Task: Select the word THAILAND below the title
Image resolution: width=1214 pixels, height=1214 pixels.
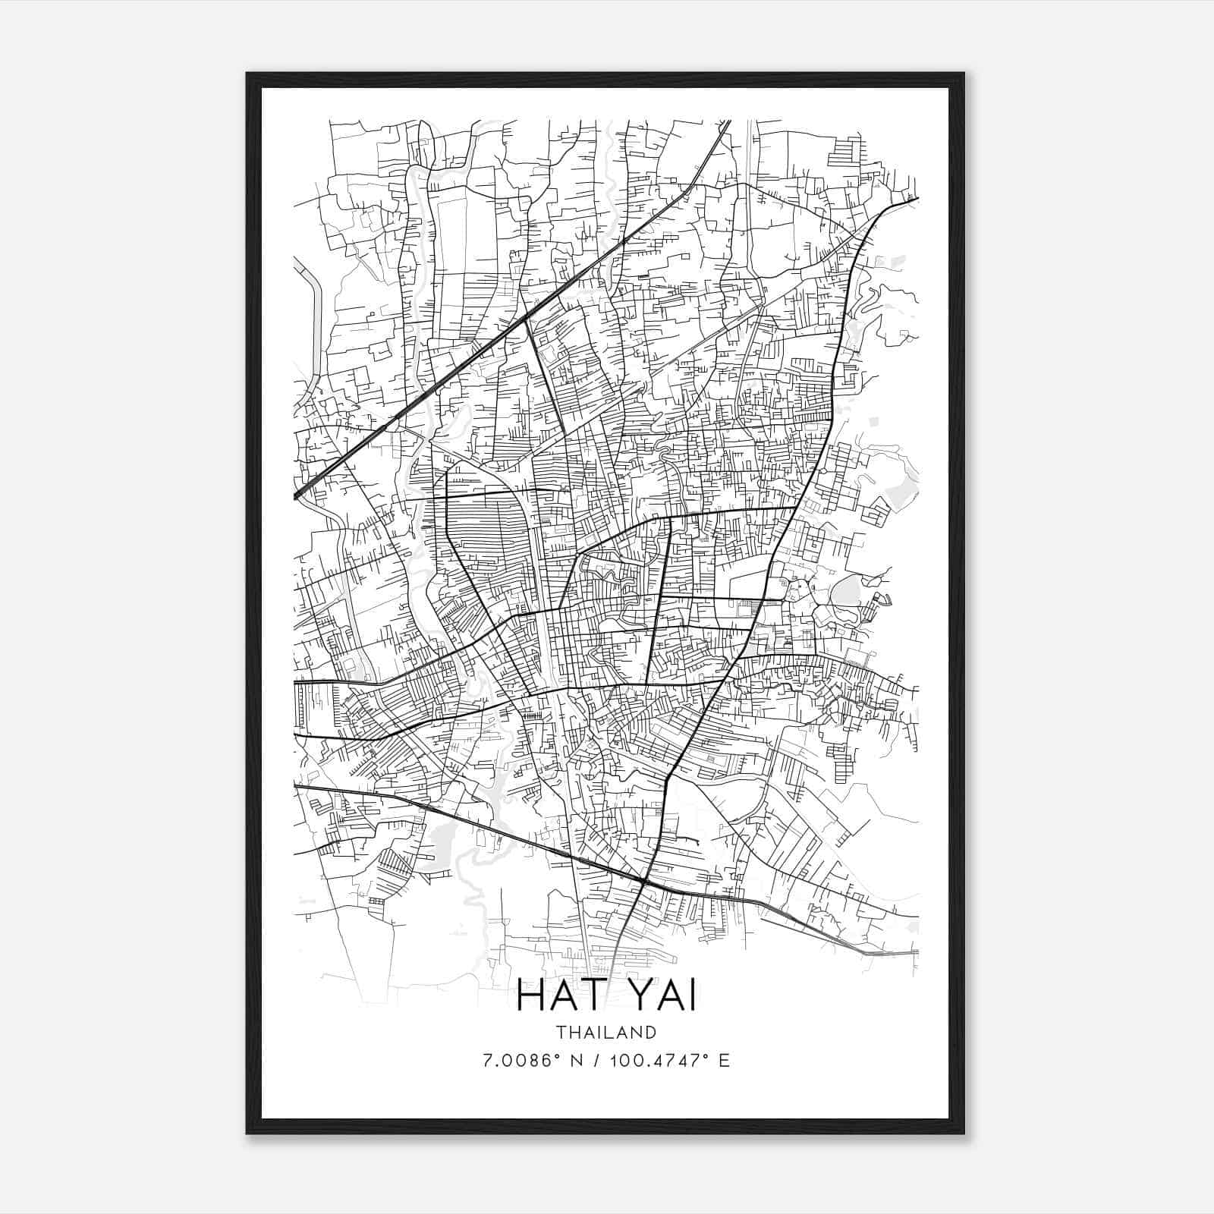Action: coord(605,1032)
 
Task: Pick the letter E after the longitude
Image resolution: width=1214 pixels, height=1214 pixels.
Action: coord(724,1060)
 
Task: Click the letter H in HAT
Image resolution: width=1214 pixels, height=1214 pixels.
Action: coord(530,997)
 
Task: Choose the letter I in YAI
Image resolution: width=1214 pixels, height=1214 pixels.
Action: coord(692,997)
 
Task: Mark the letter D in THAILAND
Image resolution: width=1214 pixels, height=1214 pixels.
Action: coord(650,1032)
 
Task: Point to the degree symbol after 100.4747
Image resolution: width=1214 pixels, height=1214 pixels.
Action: coord(704,1055)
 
